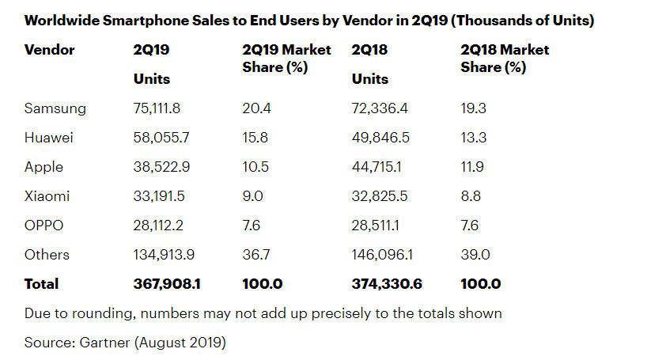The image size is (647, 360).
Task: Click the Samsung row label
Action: pyautogui.click(x=55, y=108)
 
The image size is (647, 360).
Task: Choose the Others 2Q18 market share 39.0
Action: pyautogui.click(x=474, y=254)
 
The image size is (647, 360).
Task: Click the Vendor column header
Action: pyautogui.click(x=49, y=50)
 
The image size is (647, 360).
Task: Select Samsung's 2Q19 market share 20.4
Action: pyautogui.click(x=255, y=108)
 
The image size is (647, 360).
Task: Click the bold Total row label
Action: pyautogui.click(x=42, y=283)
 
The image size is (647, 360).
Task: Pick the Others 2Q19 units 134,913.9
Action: pyautogui.click(x=166, y=254)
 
